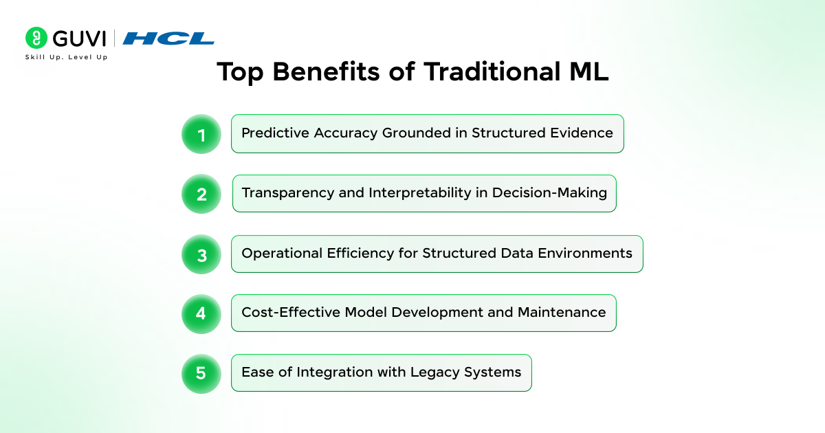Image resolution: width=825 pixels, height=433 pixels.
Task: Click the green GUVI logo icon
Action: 36,38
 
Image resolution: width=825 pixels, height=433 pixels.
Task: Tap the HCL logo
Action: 168,38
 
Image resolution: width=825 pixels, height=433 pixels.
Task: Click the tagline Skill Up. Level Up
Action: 66,57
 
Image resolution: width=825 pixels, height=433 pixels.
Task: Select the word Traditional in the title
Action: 492,71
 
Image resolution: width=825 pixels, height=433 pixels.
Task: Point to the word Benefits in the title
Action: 326,71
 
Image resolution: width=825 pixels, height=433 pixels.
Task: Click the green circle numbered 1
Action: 201,134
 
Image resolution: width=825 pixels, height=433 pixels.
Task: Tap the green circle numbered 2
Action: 201,194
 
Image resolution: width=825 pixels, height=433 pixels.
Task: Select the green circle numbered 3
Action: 201,254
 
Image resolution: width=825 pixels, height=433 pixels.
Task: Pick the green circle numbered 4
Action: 201,314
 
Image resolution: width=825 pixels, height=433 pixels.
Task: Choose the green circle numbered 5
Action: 201,374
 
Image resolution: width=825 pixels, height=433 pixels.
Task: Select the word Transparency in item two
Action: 287,193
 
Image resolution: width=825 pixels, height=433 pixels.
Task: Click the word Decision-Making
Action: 549,193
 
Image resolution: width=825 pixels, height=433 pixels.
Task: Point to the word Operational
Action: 282,254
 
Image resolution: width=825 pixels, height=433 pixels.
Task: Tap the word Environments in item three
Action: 585,254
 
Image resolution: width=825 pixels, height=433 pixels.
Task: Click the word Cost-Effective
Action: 291,312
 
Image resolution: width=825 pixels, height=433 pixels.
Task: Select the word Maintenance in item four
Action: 562,312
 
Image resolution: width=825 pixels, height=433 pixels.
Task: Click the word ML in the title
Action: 589,71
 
